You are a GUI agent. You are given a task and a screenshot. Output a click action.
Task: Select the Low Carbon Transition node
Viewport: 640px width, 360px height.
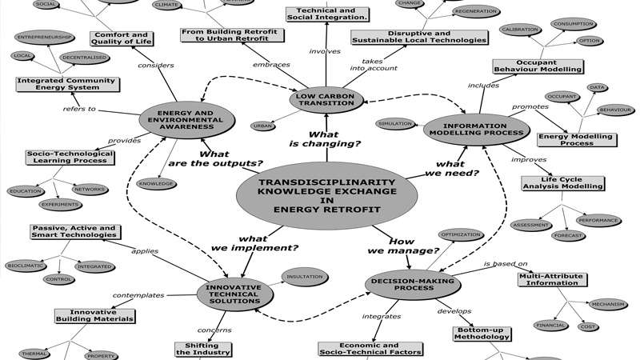pos(326,99)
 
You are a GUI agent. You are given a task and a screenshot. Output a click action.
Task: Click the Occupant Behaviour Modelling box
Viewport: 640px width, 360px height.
pos(537,66)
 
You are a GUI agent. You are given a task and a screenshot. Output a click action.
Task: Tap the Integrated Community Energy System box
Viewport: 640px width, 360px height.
pos(67,83)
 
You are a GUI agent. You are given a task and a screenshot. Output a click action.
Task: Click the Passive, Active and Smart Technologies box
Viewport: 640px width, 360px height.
pos(74,231)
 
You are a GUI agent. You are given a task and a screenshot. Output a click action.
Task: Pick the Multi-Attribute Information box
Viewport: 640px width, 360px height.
pos(551,278)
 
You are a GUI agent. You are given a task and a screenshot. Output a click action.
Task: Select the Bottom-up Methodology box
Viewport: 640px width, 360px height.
pos(482,333)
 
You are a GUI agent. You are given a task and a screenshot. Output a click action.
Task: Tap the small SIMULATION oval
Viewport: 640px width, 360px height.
pos(395,124)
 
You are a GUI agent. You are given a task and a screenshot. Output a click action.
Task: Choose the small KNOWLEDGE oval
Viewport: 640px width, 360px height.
pos(156,183)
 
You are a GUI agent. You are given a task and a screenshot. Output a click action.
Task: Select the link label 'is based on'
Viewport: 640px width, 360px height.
pos(505,263)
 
